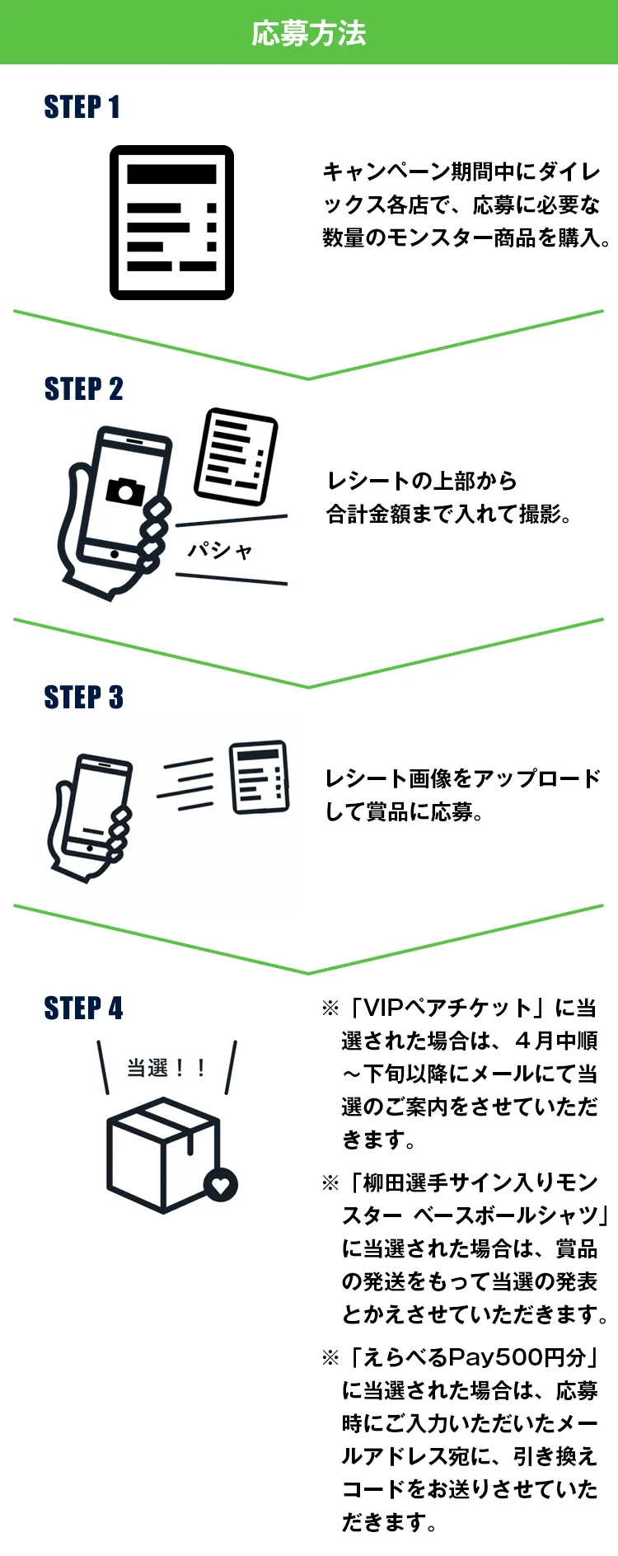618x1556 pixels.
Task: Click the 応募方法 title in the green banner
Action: pyautogui.click(x=308, y=34)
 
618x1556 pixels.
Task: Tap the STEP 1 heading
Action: pyautogui.click(x=82, y=107)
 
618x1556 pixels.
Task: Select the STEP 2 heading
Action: pyautogui.click(x=83, y=389)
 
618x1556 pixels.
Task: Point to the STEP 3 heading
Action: pyautogui.click(x=83, y=698)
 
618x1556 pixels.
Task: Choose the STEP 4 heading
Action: pyautogui.click(x=83, y=1008)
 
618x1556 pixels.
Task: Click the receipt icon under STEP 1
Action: pyautogui.click(x=171, y=223)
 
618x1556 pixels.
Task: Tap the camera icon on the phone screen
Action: pyautogui.click(x=125, y=490)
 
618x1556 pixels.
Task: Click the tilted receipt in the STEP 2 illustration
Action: pyautogui.click(x=236, y=456)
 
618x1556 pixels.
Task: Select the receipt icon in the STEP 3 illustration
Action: pyautogui.click(x=260, y=777)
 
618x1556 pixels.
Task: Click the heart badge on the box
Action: pyautogui.click(x=221, y=1186)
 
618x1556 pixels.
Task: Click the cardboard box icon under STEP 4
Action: pyautogui.click(x=165, y=1154)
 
